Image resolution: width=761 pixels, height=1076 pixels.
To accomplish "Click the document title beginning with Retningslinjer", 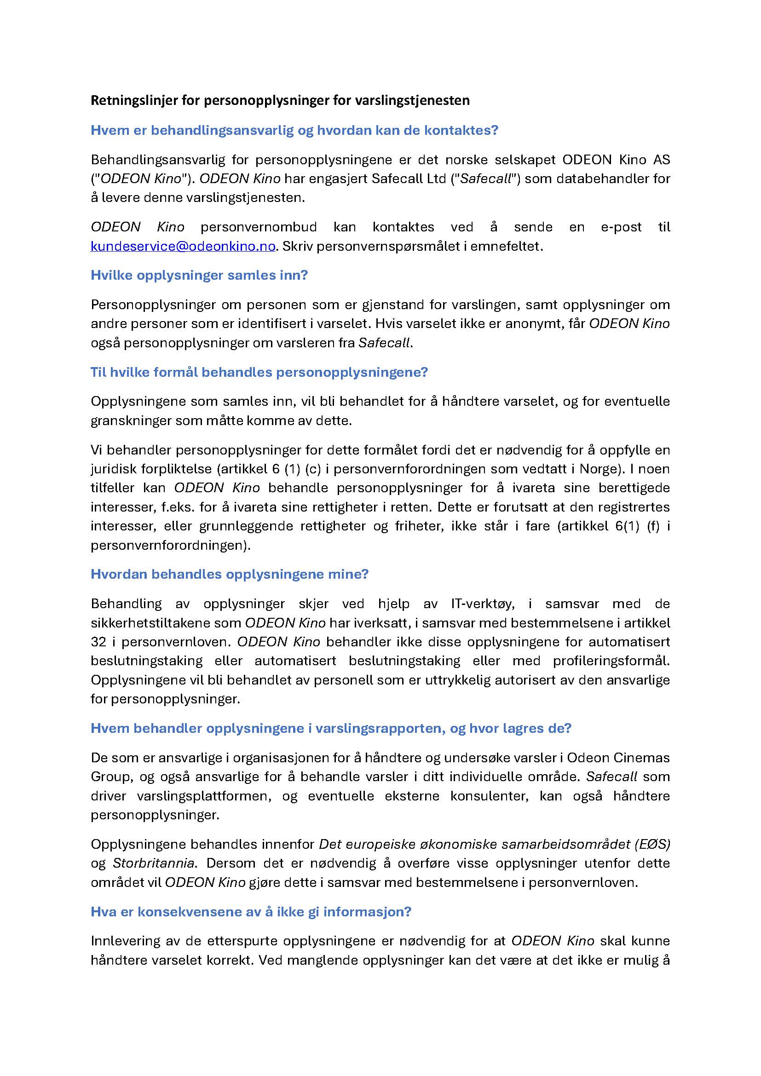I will (280, 100).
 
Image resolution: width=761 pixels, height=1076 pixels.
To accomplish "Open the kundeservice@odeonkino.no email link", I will (183, 247).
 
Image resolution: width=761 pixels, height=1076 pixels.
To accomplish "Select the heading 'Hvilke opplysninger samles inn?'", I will (199, 275).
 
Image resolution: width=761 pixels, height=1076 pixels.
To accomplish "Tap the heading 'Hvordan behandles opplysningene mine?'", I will (230, 574).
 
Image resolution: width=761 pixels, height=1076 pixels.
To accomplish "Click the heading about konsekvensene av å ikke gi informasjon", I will (251, 911).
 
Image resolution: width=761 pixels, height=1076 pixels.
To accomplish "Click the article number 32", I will (99, 642).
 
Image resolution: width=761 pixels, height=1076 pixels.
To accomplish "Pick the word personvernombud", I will (259, 227).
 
